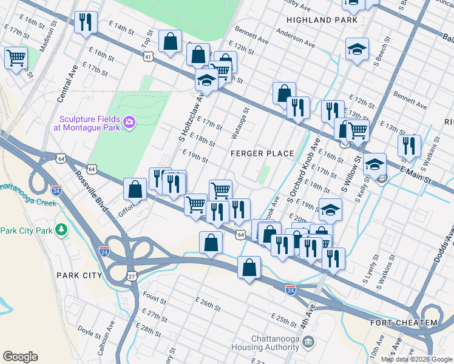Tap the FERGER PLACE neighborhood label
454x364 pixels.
click(x=262, y=153)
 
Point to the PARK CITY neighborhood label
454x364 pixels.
click(x=79, y=275)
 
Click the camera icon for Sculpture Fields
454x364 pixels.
click(x=129, y=123)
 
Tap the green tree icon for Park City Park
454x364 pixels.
click(x=61, y=230)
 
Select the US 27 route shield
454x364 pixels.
click(x=132, y=276)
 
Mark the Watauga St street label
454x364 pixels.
click(x=240, y=123)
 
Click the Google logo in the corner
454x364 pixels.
click(x=20, y=357)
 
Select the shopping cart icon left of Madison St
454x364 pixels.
click(x=16, y=59)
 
